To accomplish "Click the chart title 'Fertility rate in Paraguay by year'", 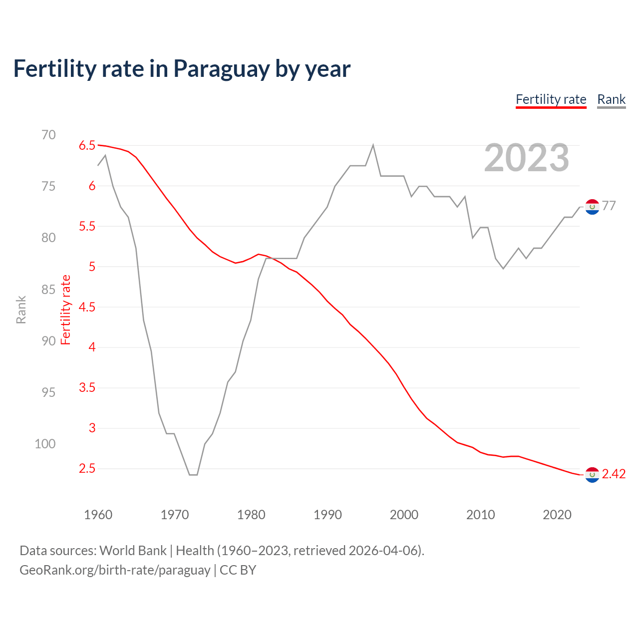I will pos(182,69).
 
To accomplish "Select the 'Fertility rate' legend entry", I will pos(551,99).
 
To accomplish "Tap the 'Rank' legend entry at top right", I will pos(611,99).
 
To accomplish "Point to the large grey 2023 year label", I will pos(526,158).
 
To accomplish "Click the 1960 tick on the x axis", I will pos(98,515).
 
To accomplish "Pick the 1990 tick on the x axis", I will pos(327,515).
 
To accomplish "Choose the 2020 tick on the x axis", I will pos(557,515).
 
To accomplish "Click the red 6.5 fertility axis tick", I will pos(87,145).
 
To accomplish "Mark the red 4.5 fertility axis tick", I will pos(87,307).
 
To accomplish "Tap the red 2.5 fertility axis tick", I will pos(87,468).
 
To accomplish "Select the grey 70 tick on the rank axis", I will pos(48,135).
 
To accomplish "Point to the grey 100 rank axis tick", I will pos(45,444).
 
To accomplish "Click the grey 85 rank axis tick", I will pos(48,290).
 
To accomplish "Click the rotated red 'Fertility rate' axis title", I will pos(66,310).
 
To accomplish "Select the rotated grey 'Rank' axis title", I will pos(21,310).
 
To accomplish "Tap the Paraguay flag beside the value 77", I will pos(592,207).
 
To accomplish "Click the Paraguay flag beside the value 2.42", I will pos(592,475).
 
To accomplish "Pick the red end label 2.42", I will pos(614,474).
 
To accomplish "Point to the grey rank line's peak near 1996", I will pos(373,145).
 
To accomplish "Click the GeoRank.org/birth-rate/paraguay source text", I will pos(115,570).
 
